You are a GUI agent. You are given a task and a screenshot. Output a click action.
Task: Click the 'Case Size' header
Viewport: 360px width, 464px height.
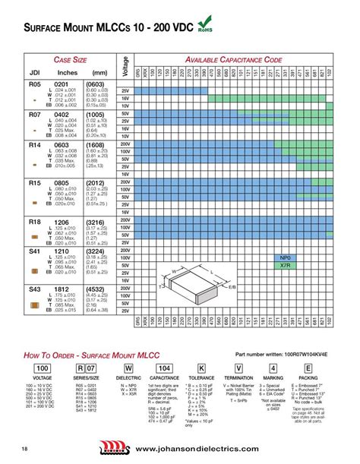click(x=69, y=60)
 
